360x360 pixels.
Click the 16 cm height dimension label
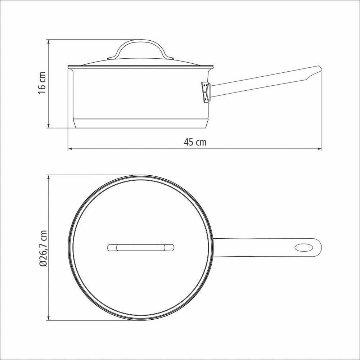42,84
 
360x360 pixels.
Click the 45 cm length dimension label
195,142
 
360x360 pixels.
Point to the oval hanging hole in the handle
303,248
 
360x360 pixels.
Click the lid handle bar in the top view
141,248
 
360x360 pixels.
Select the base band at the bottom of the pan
141,123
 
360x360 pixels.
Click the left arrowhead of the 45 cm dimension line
70,148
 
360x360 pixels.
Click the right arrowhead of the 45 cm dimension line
320,148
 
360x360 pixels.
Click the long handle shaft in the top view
252,248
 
